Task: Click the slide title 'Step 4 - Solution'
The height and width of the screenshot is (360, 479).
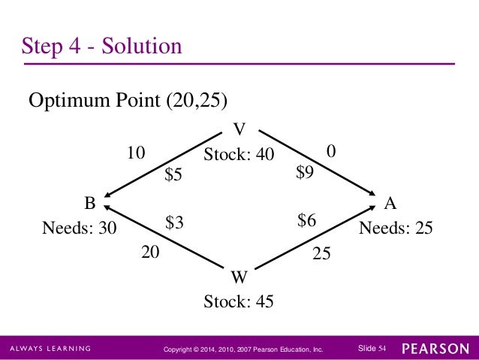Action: (x=101, y=47)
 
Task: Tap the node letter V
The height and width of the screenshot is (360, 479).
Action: (x=239, y=127)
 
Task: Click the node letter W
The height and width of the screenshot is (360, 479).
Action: (x=239, y=277)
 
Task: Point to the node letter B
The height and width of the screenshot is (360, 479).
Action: (x=89, y=203)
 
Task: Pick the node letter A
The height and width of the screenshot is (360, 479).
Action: (x=390, y=203)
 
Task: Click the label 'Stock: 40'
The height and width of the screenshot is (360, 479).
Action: (x=239, y=154)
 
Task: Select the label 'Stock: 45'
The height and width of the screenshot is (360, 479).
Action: (x=239, y=302)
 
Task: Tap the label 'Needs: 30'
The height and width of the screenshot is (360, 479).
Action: (x=80, y=228)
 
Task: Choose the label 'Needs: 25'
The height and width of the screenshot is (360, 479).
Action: (x=396, y=228)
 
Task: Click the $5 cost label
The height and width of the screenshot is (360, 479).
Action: (x=173, y=175)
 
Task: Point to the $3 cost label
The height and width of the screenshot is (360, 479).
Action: (x=174, y=222)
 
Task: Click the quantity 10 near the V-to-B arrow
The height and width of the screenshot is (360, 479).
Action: (x=135, y=153)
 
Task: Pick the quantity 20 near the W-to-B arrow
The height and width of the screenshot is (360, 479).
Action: (x=151, y=254)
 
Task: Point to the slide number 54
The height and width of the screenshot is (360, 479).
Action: (x=382, y=349)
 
